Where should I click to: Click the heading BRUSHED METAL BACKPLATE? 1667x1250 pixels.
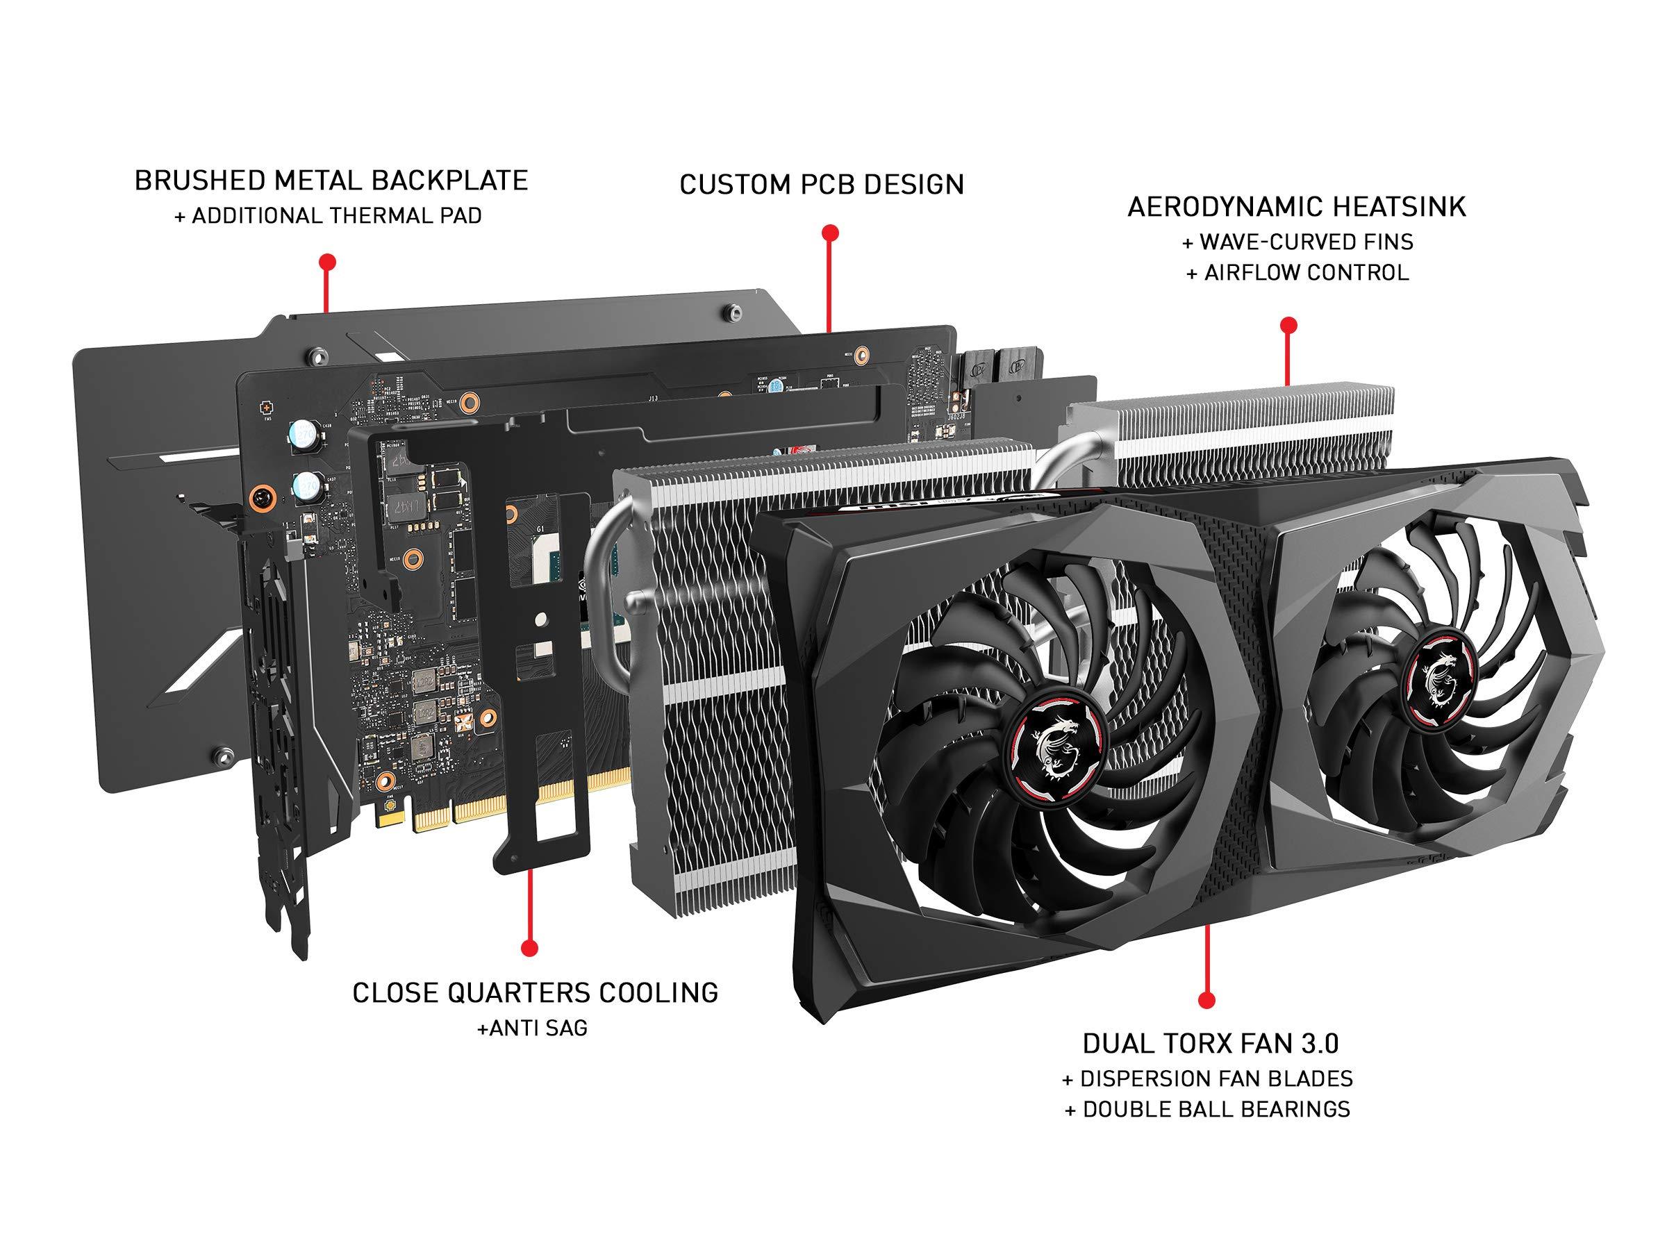(331, 181)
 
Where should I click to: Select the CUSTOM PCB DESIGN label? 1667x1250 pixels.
(822, 185)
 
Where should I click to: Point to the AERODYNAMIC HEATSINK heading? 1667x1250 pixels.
(1296, 207)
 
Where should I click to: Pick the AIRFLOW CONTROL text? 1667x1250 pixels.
(1297, 273)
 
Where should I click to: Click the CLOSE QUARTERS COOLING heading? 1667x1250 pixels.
(535, 993)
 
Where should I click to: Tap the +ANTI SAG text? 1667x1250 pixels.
(532, 1028)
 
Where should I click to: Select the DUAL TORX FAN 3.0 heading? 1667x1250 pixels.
(1210, 1044)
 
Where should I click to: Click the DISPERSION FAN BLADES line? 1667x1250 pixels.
(1207, 1079)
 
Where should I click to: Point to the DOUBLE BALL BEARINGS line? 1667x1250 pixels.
(1207, 1109)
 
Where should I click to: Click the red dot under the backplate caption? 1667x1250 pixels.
(326, 262)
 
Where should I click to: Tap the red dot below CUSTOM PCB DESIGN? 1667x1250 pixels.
(830, 232)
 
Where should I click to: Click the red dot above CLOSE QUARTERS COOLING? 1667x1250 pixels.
(529, 947)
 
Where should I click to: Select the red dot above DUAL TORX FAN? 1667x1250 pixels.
(1206, 1001)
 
